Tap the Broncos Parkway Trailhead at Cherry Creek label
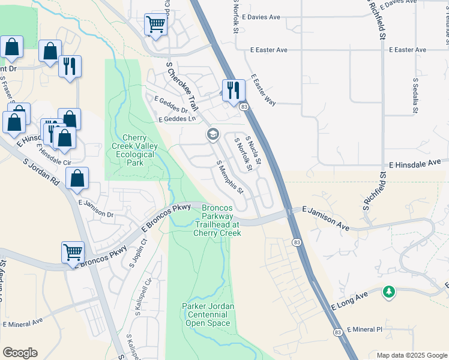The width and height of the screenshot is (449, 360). pyautogui.click(x=217, y=219)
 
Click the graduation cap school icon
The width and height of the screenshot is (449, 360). pyautogui.click(x=212, y=134)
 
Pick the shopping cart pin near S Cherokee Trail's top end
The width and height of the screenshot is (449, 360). pyautogui.click(x=155, y=25)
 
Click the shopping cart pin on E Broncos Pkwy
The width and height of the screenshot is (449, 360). pyautogui.click(x=73, y=252)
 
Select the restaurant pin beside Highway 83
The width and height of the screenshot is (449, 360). pyautogui.click(x=234, y=90)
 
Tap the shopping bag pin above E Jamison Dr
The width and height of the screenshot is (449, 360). pyautogui.click(x=77, y=178)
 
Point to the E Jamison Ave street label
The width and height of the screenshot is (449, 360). pyautogui.click(x=325, y=218)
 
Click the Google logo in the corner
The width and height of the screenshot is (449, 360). pyautogui.click(x=20, y=353)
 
